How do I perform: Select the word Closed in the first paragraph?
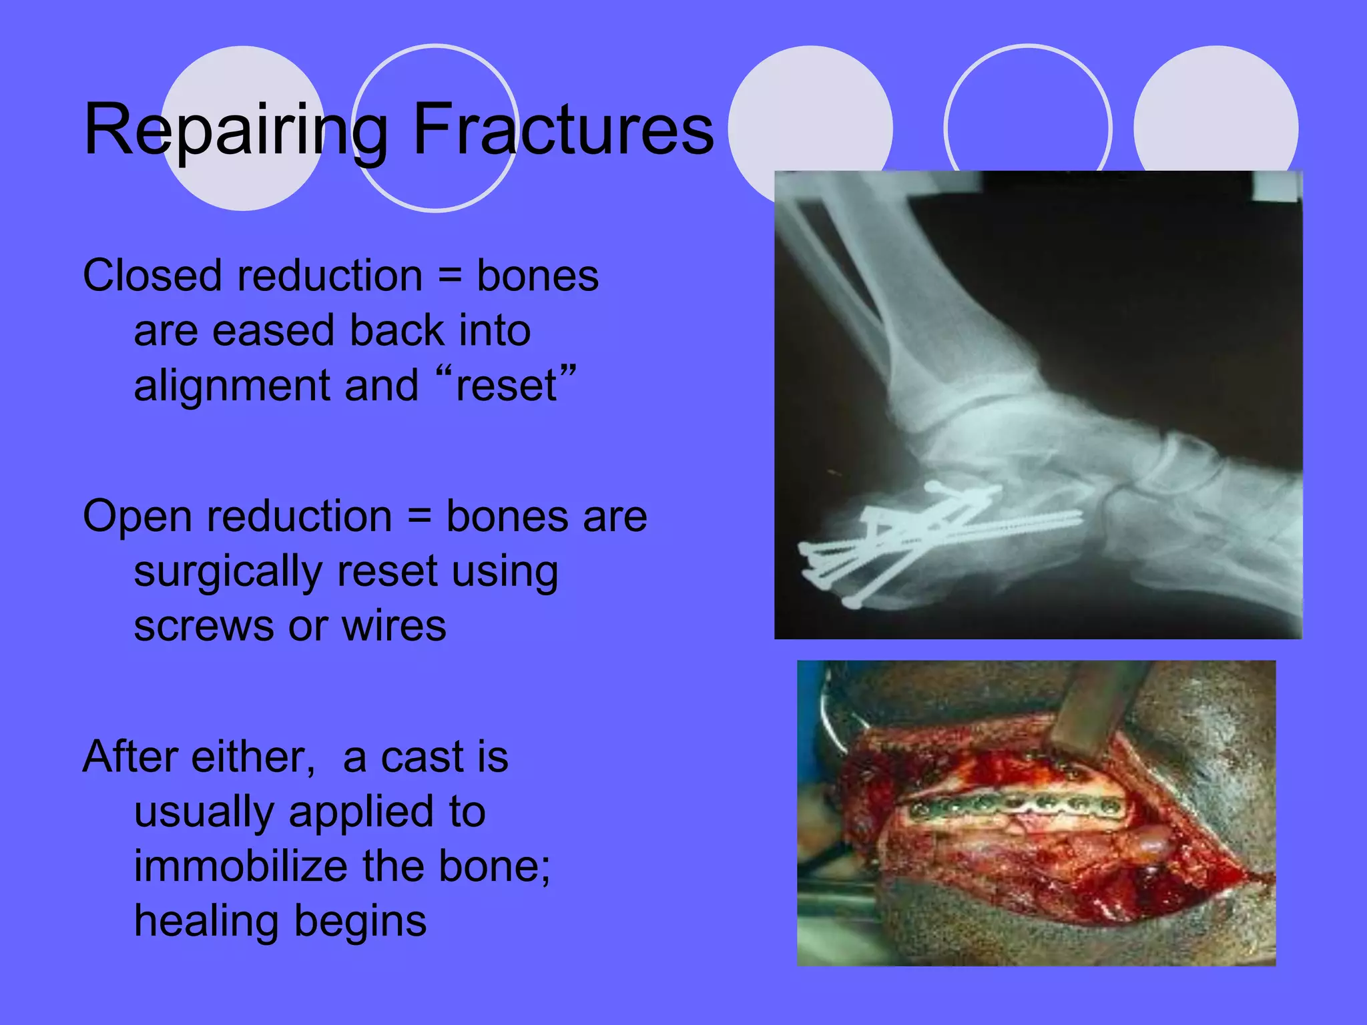152,276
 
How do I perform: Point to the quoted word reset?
506,386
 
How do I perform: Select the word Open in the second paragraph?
138,517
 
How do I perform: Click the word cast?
414,757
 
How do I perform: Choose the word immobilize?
240,867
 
